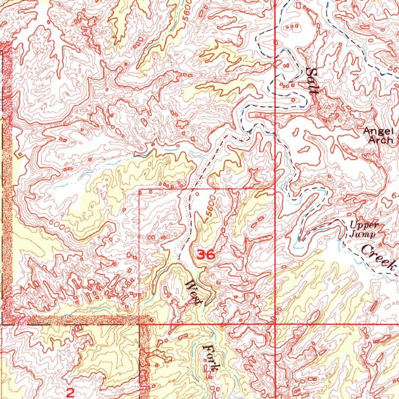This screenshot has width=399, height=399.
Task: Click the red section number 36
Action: point(205,255)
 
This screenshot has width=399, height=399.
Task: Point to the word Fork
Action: point(210,358)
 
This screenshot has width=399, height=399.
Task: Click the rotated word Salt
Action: point(313,81)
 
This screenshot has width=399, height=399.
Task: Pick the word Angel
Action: point(375,132)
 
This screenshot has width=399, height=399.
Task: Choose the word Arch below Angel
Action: point(381,140)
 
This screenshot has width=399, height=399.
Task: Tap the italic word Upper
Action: point(364,225)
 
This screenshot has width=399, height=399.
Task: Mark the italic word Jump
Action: point(362,234)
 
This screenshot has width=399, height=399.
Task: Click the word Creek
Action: point(379,257)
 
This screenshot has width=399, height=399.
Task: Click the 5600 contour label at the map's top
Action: point(188,8)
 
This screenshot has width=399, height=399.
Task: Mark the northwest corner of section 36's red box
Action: point(139,189)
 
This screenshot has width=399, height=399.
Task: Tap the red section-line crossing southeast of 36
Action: point(275,323)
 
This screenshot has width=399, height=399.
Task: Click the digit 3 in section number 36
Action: point(201,255)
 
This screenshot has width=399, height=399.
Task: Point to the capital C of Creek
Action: point(367,249)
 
